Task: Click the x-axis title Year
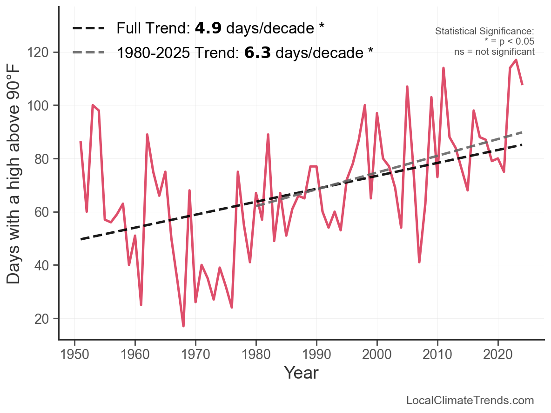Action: tap(301, 373)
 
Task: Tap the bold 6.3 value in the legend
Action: tap(258, 53)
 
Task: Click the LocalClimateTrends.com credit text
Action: tap(470, 400)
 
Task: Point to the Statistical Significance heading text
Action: tap(484, 31)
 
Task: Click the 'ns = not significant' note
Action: tap(494, 52)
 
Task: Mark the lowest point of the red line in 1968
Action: tap(183, 326)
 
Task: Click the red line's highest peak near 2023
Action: tap(516, 60)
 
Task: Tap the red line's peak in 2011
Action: tap(443, 68)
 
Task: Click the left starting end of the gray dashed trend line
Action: tap(256, 205)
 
